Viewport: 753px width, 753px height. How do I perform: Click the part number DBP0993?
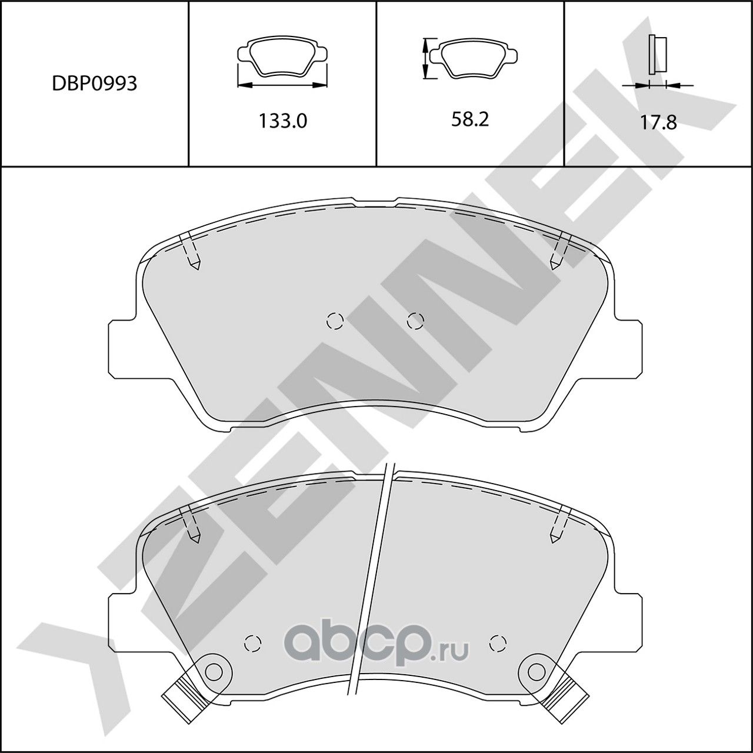(x=94, y=84)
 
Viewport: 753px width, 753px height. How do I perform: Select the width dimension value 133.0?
(x=283, y=121)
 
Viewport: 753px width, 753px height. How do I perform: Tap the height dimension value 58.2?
(x=470, y=119)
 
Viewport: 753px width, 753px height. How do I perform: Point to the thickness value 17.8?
(x=658, y=122)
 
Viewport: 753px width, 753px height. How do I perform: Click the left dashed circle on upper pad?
(x=335, y=321)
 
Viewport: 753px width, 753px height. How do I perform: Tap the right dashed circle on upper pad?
(x=415, y=321)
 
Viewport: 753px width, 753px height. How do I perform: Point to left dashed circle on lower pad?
(x=252, y=642)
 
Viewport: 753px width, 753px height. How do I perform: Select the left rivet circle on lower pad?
(x=214, y=671)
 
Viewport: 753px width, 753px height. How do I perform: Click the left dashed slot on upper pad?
(x=191, y=252)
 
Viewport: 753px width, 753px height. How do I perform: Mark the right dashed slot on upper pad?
(x=559, y=252)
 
